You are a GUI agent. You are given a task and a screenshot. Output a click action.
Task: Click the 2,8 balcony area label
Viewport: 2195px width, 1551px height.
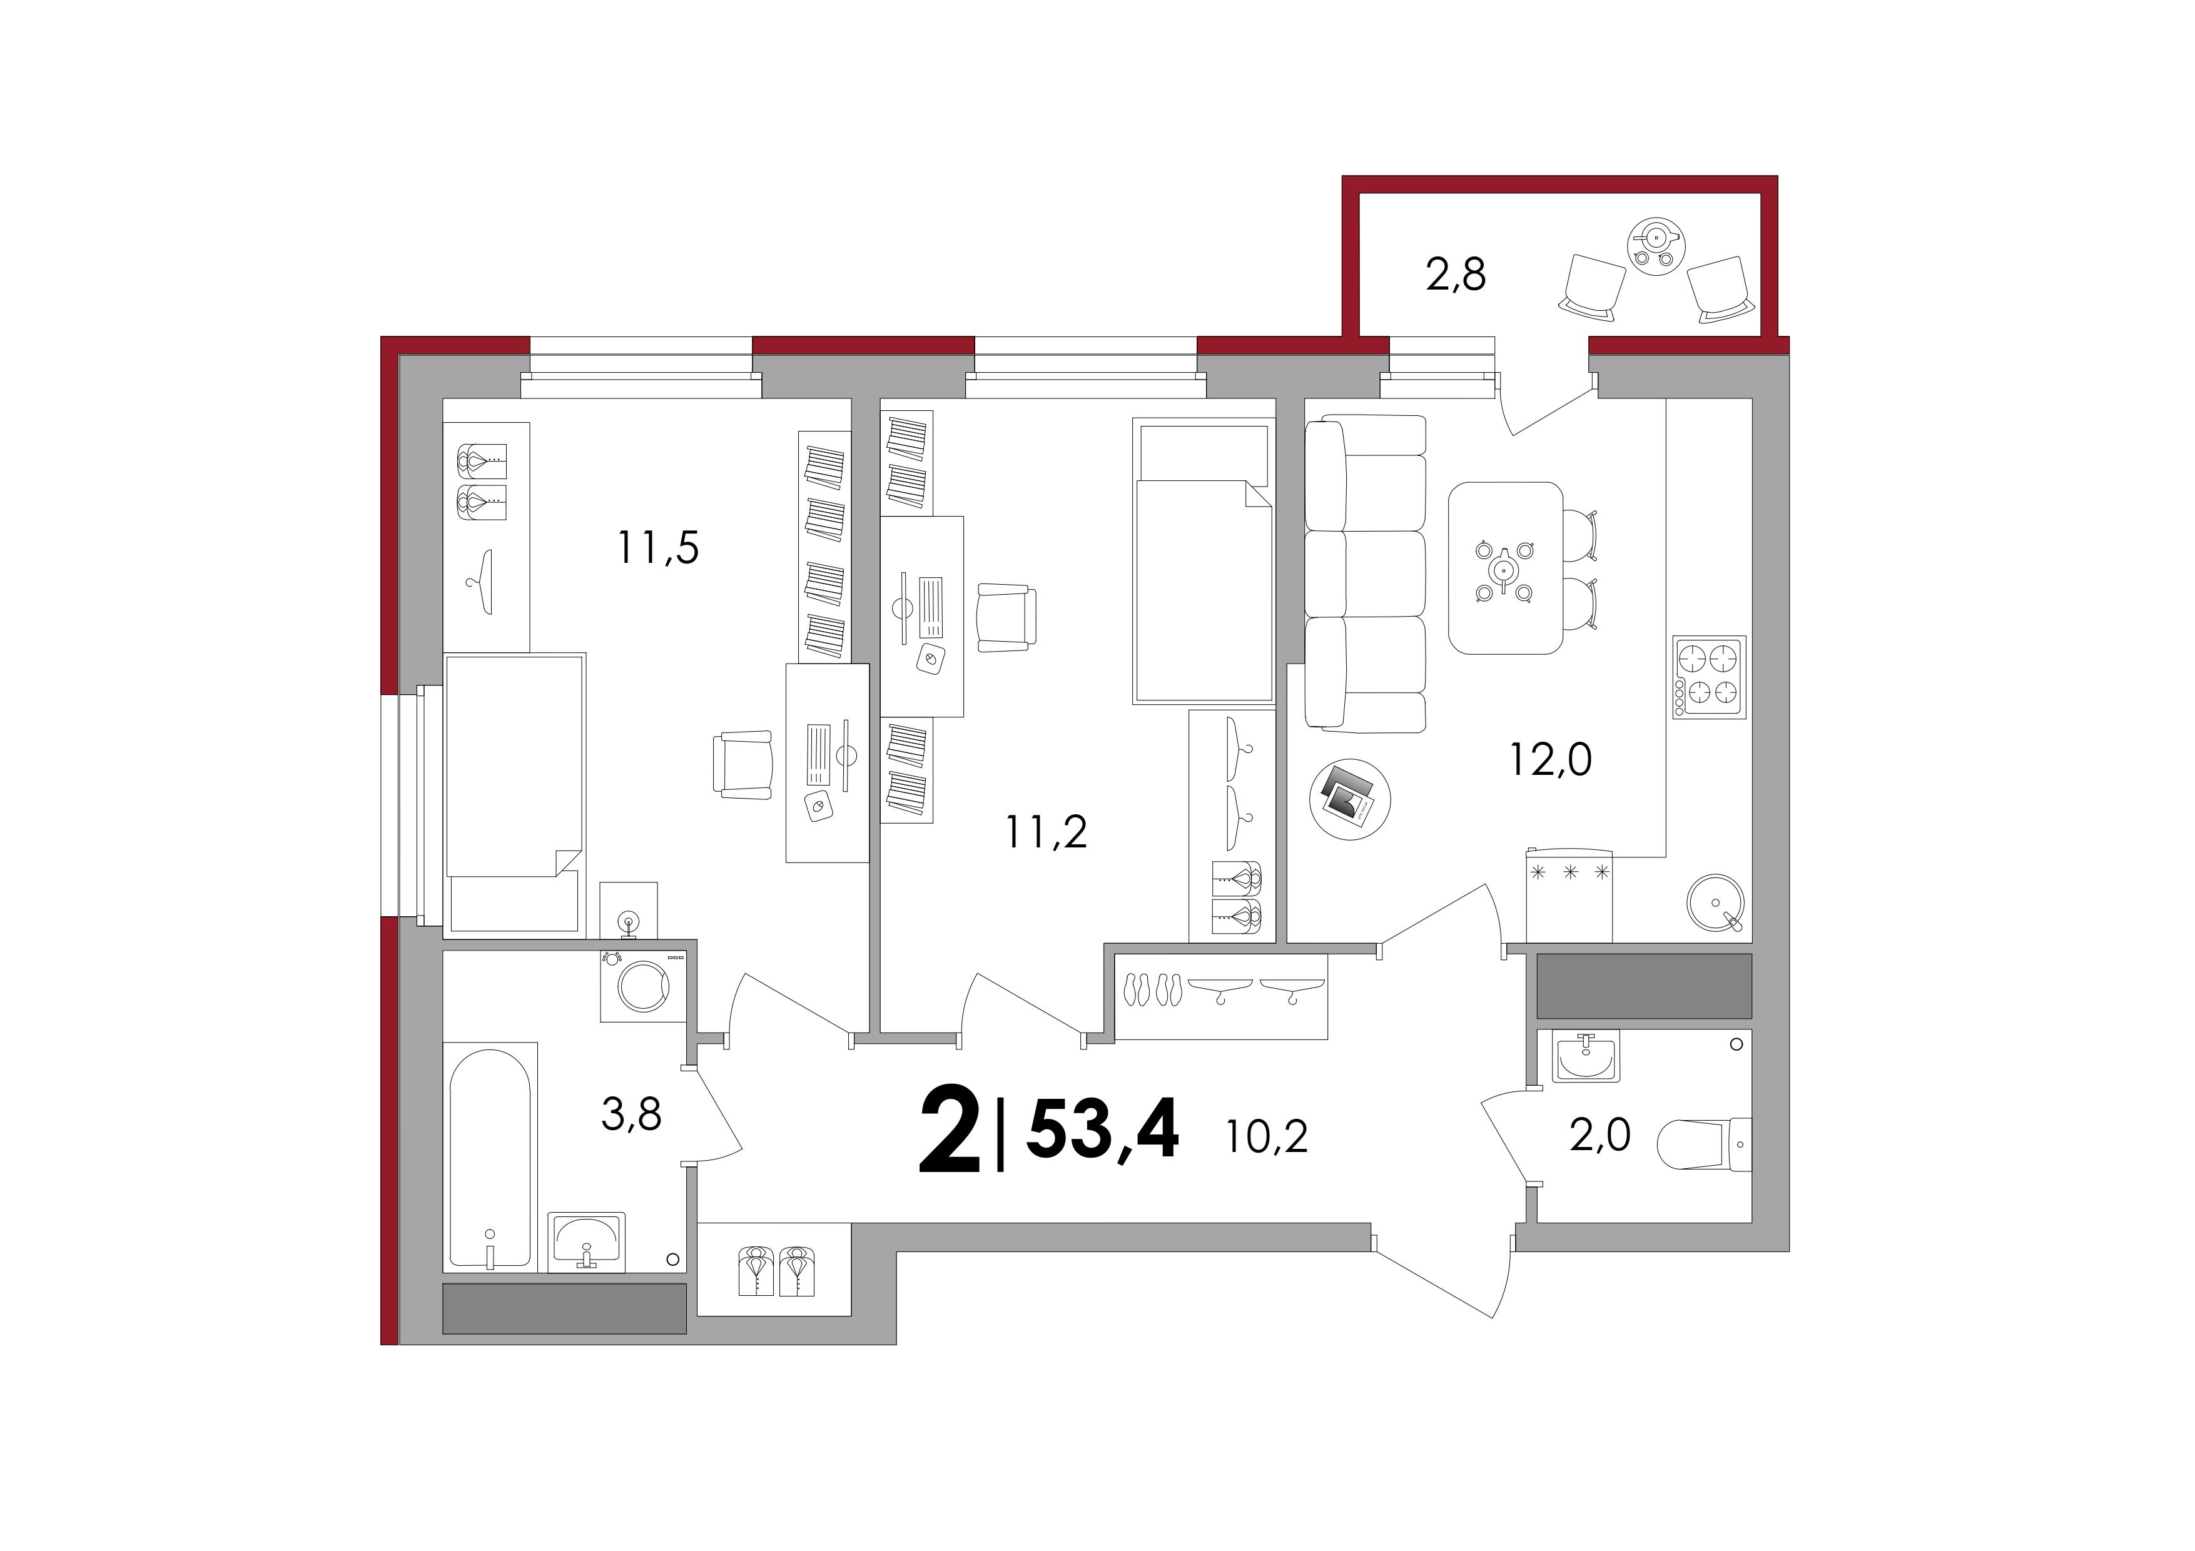pyautogui.click(x=1456, y=275)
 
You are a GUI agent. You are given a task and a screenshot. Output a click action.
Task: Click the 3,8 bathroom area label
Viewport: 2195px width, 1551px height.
pyautogui.click(x=631, y=1114)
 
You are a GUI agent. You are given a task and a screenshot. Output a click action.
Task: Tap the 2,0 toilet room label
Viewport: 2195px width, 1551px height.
pyautogui.click(x=1600, y=1135)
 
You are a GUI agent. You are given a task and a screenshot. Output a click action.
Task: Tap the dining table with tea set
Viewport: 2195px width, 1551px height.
pyautogui.click(x=1506, y=568)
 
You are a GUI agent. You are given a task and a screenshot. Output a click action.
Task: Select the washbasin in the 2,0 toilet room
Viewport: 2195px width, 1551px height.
pyautogui.click(x=1586, y=1059)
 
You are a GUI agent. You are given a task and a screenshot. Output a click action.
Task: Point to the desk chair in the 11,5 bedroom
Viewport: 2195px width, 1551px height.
pyautogui.click(x=743, y=764)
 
